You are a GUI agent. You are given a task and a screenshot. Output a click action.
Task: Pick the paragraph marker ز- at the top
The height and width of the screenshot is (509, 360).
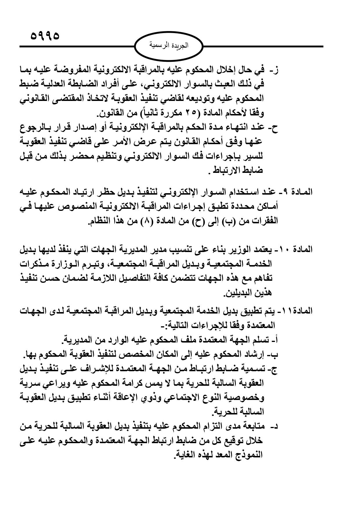(x=273, y=70)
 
